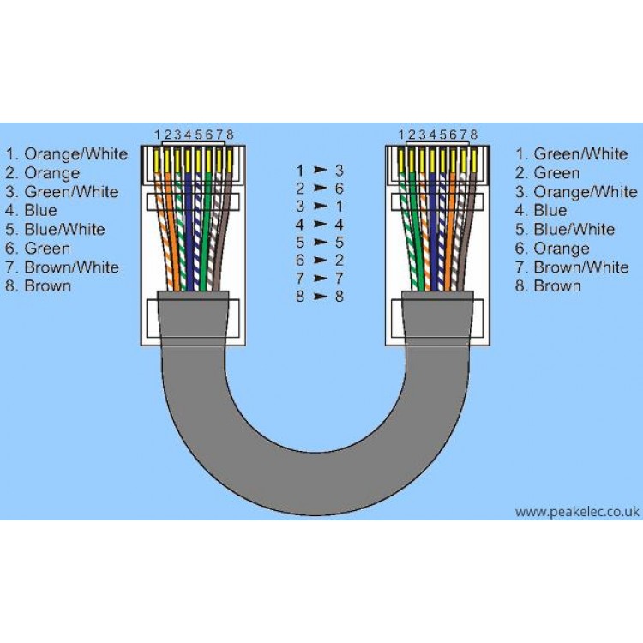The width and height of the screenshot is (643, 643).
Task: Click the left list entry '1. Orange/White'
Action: coord(67,154)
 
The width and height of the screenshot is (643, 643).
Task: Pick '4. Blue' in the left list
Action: coord(33,210)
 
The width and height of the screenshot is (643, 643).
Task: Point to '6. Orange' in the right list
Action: coord(552,249)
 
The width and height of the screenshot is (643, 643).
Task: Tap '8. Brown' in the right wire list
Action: coord(546,285)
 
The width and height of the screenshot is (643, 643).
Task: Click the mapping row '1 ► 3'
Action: coord(320,170)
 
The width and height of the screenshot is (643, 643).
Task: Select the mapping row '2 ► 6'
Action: coord(320,188)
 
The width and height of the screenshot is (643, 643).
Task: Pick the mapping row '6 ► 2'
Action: coord(320,260)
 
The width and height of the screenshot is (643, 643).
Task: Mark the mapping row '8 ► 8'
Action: coord(320,297)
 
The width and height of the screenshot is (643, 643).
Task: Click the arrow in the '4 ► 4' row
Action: coord(320,225)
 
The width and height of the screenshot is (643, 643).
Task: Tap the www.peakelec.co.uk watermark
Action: coord(577,512)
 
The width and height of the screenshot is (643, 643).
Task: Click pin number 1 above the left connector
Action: coord(158,135)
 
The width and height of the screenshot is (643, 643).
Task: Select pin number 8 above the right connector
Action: coord(473,135)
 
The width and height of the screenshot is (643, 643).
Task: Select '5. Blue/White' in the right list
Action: coord(565,230)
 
